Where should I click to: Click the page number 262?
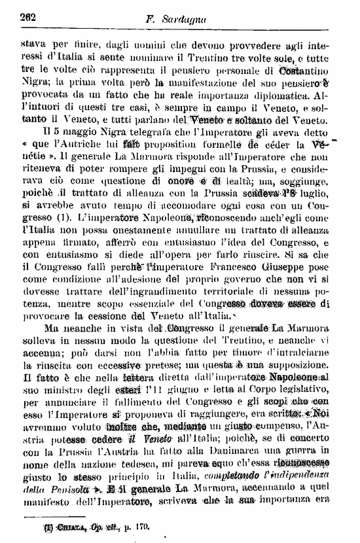click(x=29, y=18)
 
